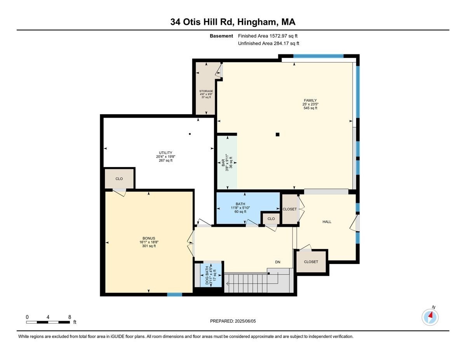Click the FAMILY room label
click(310, 101)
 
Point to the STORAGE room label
click(206, 91)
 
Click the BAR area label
click(223, 163)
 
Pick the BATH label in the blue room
click(240, 204)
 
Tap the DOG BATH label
click(207, 275)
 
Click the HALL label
click(327, 222)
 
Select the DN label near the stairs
click(278, 262)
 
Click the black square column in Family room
click(277, 135)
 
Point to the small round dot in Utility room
click(190, 134)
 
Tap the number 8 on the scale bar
click(69, 317)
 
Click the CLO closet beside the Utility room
click(119, 179)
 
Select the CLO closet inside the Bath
click(271, 219)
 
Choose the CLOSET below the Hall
click(311, 262)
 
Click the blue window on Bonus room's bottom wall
click(174, 294)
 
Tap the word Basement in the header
click(221, 36)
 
